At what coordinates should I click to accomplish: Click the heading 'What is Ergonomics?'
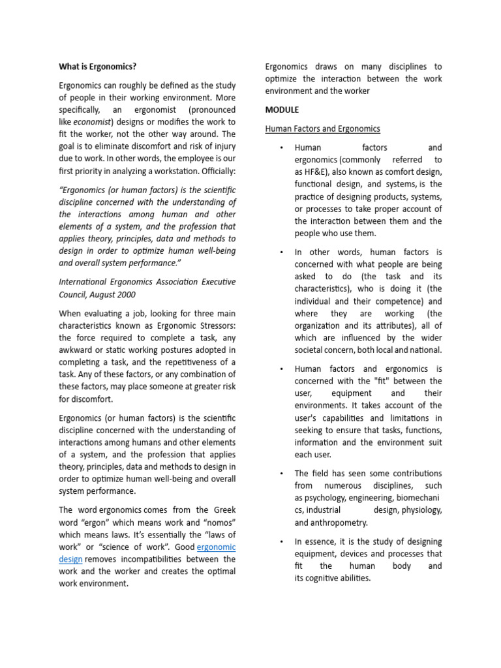pyautogui.click(x=98, y=67)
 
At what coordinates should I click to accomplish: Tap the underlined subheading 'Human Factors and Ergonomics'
pyautogui.click(x=322, y=129)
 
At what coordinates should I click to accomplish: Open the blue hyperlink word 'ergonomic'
pyautogui.click(x=216, y=547)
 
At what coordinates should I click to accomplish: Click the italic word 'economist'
pyautogui.click(x=92, y=122)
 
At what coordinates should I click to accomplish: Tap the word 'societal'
pyautogui.click(x=311, y=350)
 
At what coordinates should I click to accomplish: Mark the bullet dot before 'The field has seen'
pyautogui.click(x=281, y=474)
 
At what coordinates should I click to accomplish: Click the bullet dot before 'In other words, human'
pyautogui.click(x=281, y=252)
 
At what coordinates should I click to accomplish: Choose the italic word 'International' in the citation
pyautogui.click(x=85, y=282)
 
